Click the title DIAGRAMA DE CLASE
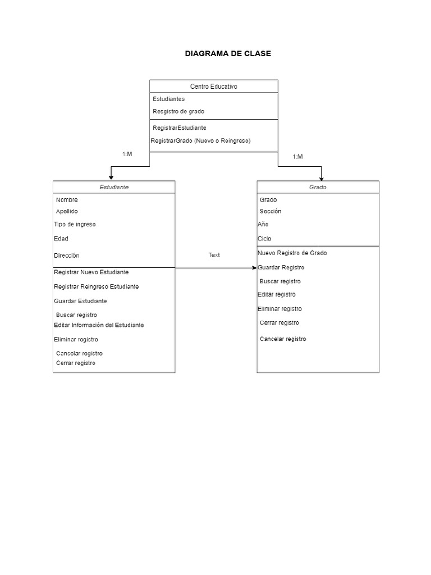(x=227, y=53)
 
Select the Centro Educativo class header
(x=213, y=86)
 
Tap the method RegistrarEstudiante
(x=179, y=127)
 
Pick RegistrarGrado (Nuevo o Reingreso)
(x=201, y=140)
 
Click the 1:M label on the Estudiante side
(x=127, y=154)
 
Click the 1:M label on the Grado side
(x=297, y=157)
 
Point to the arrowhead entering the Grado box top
(x=321, y=177)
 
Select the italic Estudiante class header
(x=114, y=187)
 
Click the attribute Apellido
(x=67, y=211)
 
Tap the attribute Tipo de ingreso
(x=75, y=224)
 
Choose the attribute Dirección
(x=66, y=255)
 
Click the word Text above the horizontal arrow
(x=214, y=255)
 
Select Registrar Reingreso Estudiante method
(x=96, y=286)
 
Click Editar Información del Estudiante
(x=99, y=325)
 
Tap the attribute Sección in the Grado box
(x=270, y=211)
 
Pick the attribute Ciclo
(x=264, y=239)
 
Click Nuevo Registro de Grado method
(x=292, y=253)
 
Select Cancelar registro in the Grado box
(x=283, y=339)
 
